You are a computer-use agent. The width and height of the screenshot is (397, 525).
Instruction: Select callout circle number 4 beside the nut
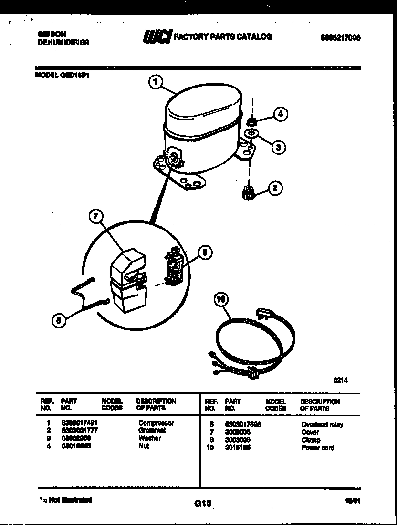282,114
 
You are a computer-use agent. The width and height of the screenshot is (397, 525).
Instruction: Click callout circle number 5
205,252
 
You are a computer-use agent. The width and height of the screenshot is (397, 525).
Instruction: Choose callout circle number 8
59,320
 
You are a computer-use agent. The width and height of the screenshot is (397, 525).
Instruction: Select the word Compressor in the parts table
156,423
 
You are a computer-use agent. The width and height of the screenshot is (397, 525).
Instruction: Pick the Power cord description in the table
317,448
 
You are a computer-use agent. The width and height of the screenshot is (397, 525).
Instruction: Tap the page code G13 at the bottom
202,503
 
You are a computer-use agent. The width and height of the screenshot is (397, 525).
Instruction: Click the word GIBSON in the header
52,34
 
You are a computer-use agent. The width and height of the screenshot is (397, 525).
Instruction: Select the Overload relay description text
322,425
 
